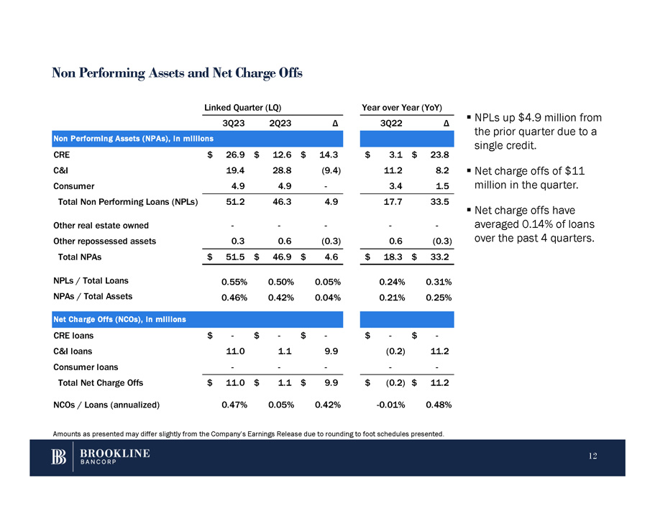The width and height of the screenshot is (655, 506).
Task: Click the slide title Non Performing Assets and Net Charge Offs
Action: click(x=177, y=73)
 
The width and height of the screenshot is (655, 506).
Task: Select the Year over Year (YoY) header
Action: click(x=401, y=106)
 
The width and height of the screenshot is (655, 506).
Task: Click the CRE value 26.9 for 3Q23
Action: click(x=235, y=153)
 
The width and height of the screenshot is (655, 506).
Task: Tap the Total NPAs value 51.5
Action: click(x=235, y=257)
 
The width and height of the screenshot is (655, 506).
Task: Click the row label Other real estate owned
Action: click(x=101, y=225)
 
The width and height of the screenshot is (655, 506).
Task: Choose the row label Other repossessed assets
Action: click(x=104, y=241)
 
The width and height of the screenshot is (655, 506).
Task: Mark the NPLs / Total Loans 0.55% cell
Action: click(x=235, y=282)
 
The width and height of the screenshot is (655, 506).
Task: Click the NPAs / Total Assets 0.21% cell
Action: click(x=392, y=296)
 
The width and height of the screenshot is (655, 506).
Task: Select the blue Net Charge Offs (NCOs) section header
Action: click(x=119, y=319)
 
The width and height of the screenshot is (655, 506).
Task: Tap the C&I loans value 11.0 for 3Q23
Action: click(x=235, y=352)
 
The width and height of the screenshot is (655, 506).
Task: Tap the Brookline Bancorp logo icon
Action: click(x=59, y=457)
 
